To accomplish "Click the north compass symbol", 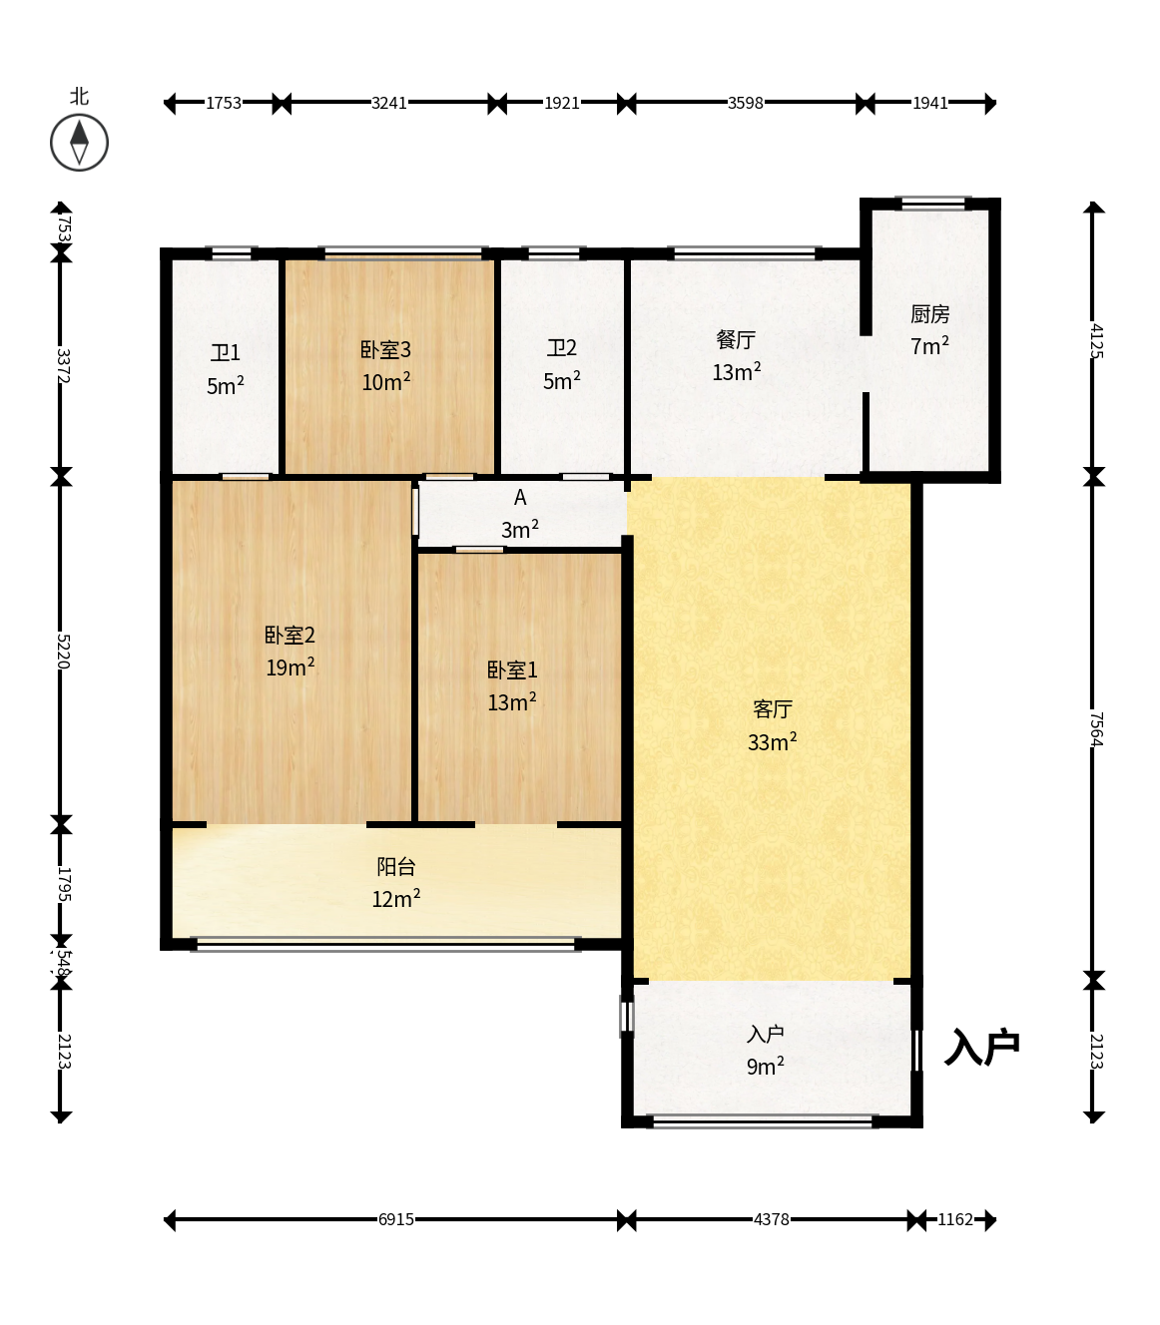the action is (x=79, y=143).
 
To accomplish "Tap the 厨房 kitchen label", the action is (x=929, y=314).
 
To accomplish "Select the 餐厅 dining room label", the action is (x=736, y=340).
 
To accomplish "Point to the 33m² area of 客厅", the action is (x=772, y=741).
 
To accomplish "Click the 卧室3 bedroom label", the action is (x=385, y=350).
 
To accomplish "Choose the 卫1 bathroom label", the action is (x=225, y=353).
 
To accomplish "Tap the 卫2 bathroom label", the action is (x=561, y=348).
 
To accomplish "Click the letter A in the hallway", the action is (x=520, y=497).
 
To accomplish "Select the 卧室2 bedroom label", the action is (x=290, y=636).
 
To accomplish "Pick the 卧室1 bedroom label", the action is (x=512, y=670).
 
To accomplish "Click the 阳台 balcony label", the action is (x=396, y=866).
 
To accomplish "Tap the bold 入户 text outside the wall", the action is (x=981, y=1048).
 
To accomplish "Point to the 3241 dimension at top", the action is (x=388, y=103).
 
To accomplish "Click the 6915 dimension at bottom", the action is (x=396, y=1219).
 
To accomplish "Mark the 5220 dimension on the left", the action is (x=63, y=651).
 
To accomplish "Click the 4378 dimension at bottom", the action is (x=772, y=1219).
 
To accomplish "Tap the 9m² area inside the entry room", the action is (x=766, y=1066).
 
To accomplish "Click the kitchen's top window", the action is (x=933, y=204).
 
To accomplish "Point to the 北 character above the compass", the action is (x=79, y=97).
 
